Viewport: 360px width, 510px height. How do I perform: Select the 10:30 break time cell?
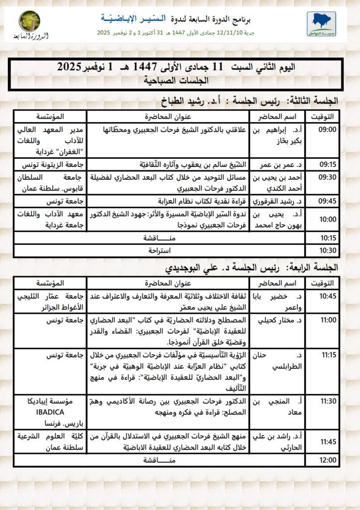(x=328, y=250)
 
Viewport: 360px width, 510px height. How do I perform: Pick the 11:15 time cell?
(x=328, y=356)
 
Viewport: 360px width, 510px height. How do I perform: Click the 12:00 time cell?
(x=328, y=460)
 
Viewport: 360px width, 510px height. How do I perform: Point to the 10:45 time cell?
(x=328, y=296)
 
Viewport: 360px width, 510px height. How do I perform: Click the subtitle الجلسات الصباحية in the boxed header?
(x=176, y=80)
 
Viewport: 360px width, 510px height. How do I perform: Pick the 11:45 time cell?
(x=328, y=441)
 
